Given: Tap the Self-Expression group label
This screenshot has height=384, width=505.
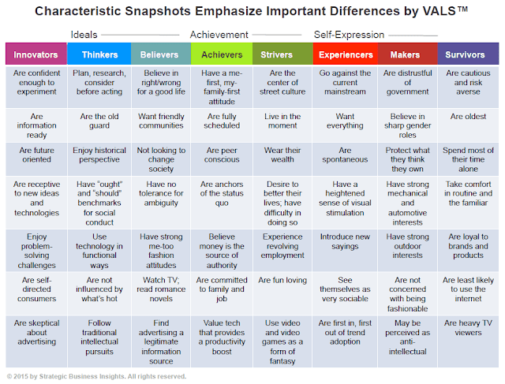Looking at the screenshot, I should coord(350,35).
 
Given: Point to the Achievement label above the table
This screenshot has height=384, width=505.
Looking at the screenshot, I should coord(219,35).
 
